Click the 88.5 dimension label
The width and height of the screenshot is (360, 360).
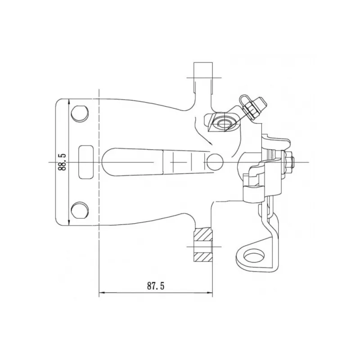point(62,162)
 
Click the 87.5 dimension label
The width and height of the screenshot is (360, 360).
point(156,286)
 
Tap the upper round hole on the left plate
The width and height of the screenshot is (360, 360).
point(80,113)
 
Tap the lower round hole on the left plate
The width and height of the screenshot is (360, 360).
point(80,210)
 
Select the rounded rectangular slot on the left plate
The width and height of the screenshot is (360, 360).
point(86,162)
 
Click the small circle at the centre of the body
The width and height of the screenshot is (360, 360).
point(215,162)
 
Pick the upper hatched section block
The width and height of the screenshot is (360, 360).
point(203,234)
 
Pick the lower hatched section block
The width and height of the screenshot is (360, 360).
point(203,257)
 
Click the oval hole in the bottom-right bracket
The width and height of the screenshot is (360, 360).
point(253,256)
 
